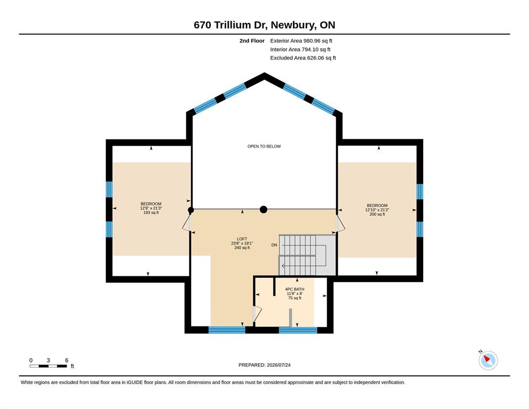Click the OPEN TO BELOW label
(x=264, y=146)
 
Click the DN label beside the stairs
(x=274, y=245)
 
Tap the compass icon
(x=488, y=360)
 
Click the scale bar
(x=48, y=366)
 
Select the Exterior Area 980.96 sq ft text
(x=301, y=41)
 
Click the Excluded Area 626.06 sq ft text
(x=303, y=58)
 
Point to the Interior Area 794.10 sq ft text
(x=300, y=50)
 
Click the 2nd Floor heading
(x=252, y=41)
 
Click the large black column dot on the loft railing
(x=263, y=210)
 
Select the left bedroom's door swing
(x=186, y=223)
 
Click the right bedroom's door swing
(x=341, y=224)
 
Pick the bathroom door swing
(x=257, y=314)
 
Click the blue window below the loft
(x=227, y=330)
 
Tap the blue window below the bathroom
(x=298, y=330)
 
